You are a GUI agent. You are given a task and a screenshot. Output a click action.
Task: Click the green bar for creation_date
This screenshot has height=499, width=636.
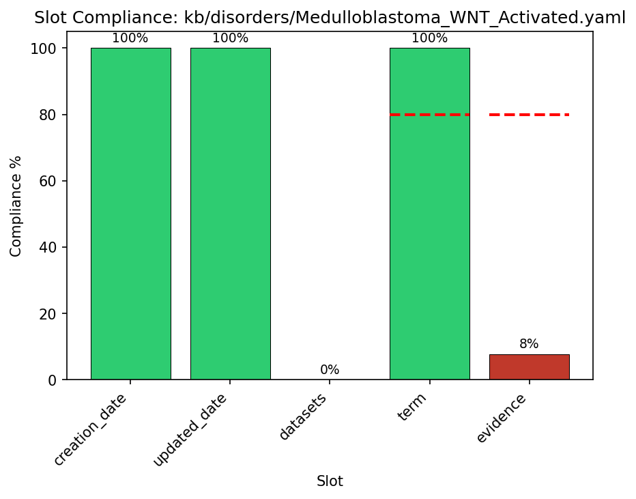(130, 213)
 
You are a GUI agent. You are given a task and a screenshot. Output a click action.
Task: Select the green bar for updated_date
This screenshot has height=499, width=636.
(230, 213)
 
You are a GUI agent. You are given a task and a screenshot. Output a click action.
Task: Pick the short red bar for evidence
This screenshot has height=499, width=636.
(529, 367)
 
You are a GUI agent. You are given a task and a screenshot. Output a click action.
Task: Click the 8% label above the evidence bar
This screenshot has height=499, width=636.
(529, 344)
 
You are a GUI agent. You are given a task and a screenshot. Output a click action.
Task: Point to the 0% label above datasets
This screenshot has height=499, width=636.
(330, 370)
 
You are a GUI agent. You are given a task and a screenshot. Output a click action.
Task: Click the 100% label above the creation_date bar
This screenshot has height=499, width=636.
(130, 38)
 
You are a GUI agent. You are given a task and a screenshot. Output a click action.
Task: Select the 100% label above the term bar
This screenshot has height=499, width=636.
(429, 38)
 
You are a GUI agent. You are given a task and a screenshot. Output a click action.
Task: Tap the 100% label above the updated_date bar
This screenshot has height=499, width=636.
(230, 38)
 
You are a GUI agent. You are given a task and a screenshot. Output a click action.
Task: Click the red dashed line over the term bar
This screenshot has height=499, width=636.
(429, 115)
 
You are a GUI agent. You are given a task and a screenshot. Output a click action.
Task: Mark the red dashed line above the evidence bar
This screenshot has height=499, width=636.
(529, 115)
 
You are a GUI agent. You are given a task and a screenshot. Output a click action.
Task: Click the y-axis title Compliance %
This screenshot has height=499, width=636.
(16, 206)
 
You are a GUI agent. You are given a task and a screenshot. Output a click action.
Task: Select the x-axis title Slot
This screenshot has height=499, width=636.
(330, 481)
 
